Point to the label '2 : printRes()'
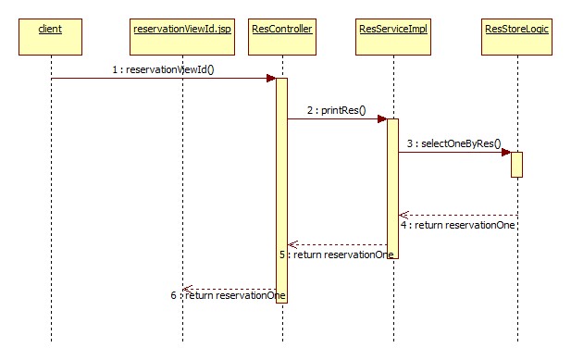tap(337, 110)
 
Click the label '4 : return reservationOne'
tap(457, 225)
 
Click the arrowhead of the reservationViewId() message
tap(271, 78)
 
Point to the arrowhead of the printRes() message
tap(381, 118)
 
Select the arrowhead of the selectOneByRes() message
tap(505, 152)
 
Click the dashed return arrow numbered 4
tap(457, 215)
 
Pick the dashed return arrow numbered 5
tap(337, 244)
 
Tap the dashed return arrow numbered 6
tap(229, 288)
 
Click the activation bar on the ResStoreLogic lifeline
tap(516, 164)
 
